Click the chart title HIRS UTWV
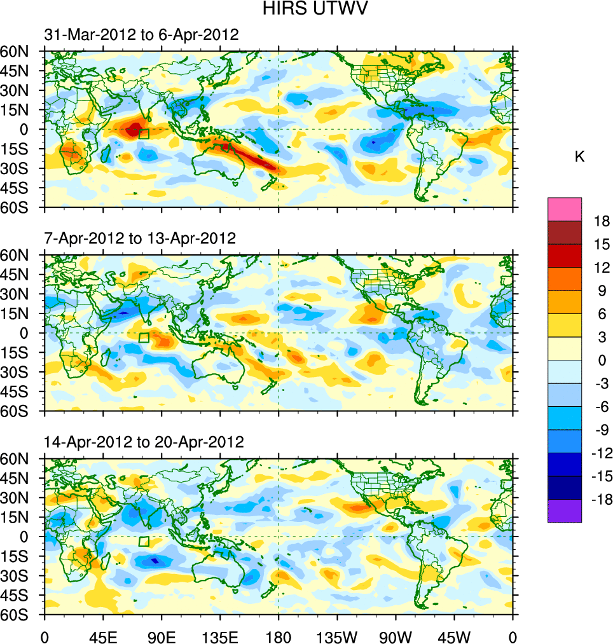click(x=306, y=9)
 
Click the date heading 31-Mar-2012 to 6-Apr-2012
click(x=141, y=36)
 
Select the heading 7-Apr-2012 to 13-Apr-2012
click(x=140, y=239)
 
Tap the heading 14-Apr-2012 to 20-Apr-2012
click(x=144, y=442)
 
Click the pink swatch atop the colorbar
click(x=565, y=209)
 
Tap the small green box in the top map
click(x=144, y=134)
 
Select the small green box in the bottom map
click(x=144, y=542)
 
